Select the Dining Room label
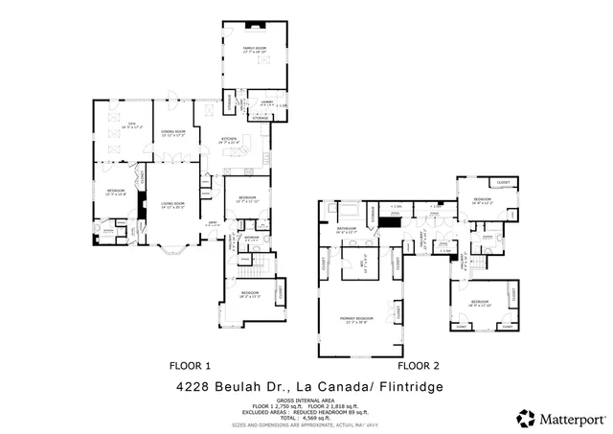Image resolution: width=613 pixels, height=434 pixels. tap(173, 131)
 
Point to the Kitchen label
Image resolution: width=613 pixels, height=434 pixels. tap(230, 140)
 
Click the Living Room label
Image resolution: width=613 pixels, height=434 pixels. tap(172, 204)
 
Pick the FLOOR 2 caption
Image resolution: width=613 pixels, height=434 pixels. tap(419, 365)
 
